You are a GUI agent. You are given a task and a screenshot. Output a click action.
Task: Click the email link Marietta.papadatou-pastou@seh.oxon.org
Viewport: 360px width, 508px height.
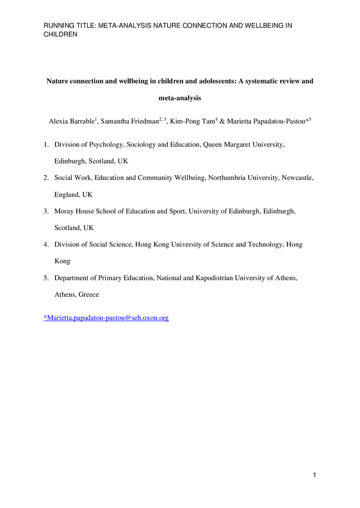106,317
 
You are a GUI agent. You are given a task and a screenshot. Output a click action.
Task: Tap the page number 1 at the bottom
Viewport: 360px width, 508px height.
315,475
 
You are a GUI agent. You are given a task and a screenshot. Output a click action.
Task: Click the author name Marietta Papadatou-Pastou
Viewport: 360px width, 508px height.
263,122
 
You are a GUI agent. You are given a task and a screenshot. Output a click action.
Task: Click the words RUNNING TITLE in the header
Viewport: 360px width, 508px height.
66,25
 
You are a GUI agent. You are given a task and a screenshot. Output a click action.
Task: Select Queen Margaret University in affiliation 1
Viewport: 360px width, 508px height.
243,145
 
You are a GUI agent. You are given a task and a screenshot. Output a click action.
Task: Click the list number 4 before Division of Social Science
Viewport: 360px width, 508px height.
46,244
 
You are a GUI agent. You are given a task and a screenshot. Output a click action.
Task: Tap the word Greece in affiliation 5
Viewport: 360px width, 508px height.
89,295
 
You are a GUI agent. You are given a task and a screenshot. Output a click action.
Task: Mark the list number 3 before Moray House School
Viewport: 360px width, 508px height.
46,211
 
